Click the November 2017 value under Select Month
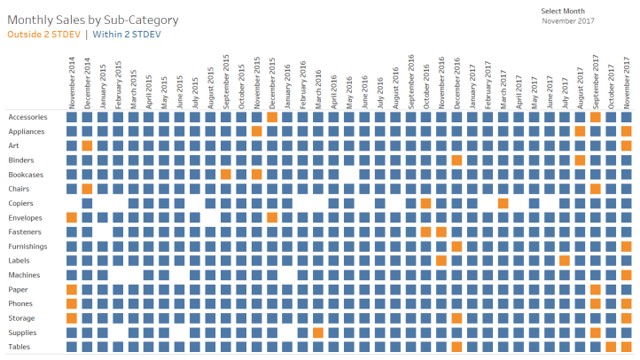click(567, 20)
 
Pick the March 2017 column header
click(503, 84)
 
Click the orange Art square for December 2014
click(87, 145)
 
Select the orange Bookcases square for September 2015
click(226, 174)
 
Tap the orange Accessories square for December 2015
click(272, 117)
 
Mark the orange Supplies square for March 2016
click(318, 333)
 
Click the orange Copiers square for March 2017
click(503, 203)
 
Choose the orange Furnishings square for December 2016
click(457, 246)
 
